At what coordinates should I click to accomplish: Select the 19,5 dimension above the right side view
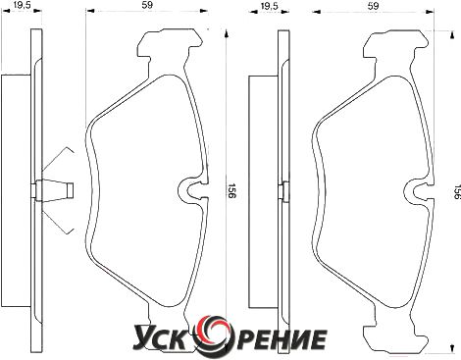click(x=270, y=6)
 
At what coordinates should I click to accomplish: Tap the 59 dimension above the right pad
click(x=374, y=6)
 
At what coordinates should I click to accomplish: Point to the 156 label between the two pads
click(x=231, y=190)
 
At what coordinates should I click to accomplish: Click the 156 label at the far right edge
click(x=457, y=191)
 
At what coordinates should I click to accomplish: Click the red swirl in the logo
click(x=213, y=333)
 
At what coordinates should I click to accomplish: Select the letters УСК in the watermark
click(x=164, y=337)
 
